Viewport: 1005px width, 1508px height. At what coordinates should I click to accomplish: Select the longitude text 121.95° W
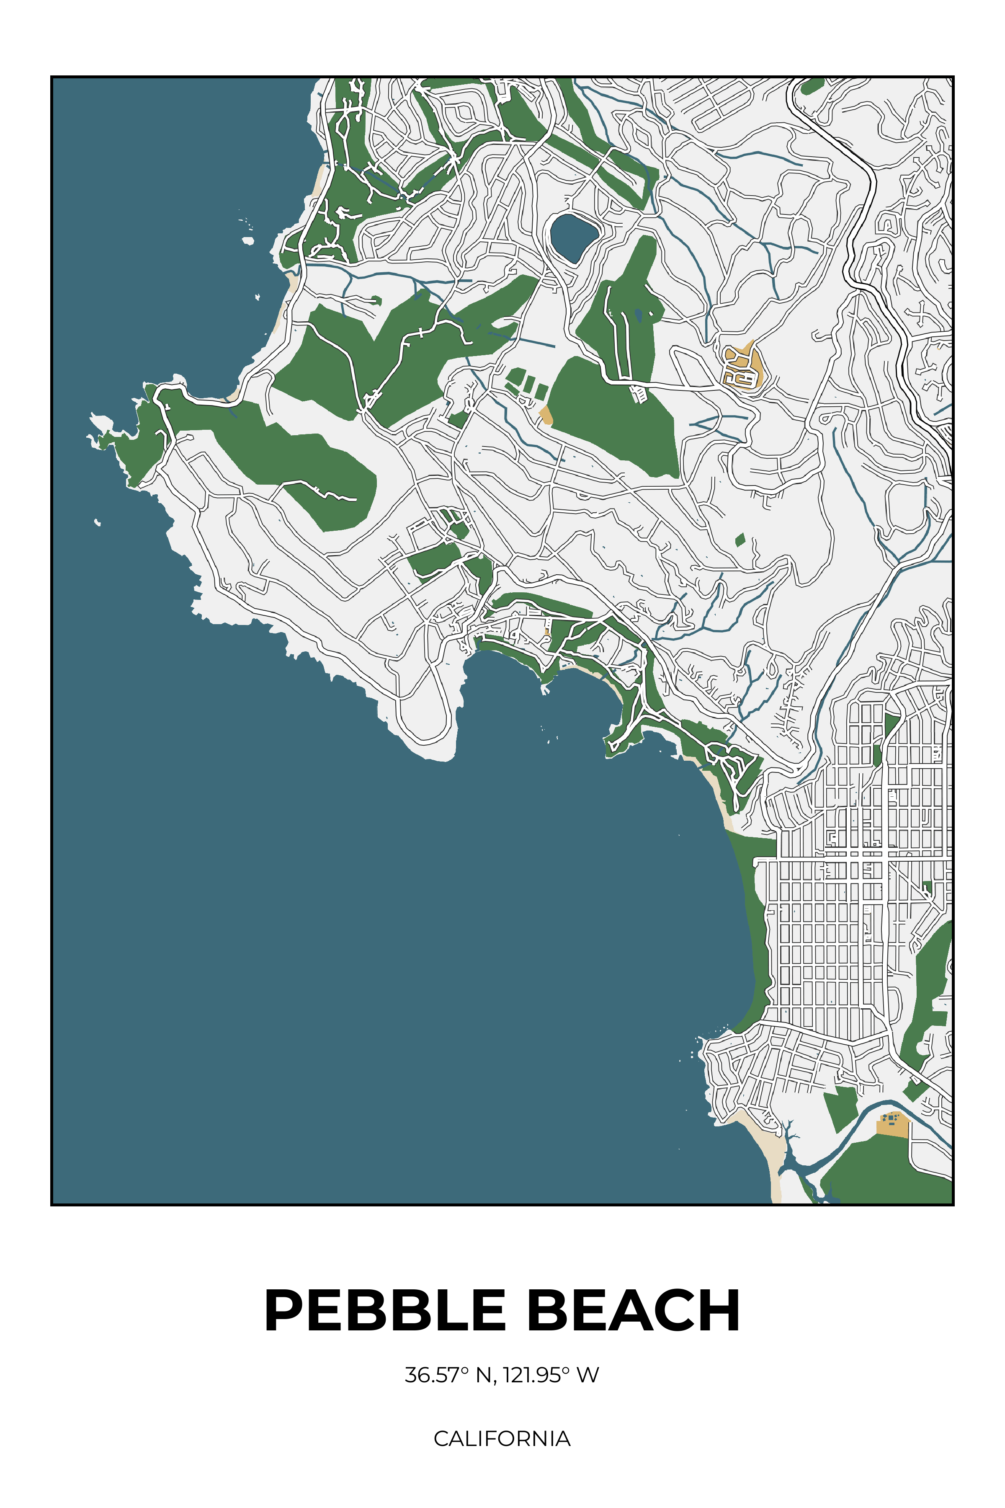click(x=550, y=1375)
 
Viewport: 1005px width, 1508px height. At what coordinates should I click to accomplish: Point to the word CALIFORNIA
click(x=502, y=1438)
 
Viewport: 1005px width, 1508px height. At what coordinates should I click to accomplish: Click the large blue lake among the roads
click(x=572, y=236)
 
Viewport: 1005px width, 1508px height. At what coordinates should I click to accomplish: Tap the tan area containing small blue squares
click(x=893, y=1125)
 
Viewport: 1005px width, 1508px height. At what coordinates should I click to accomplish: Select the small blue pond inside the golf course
click(x=638, y=314)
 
